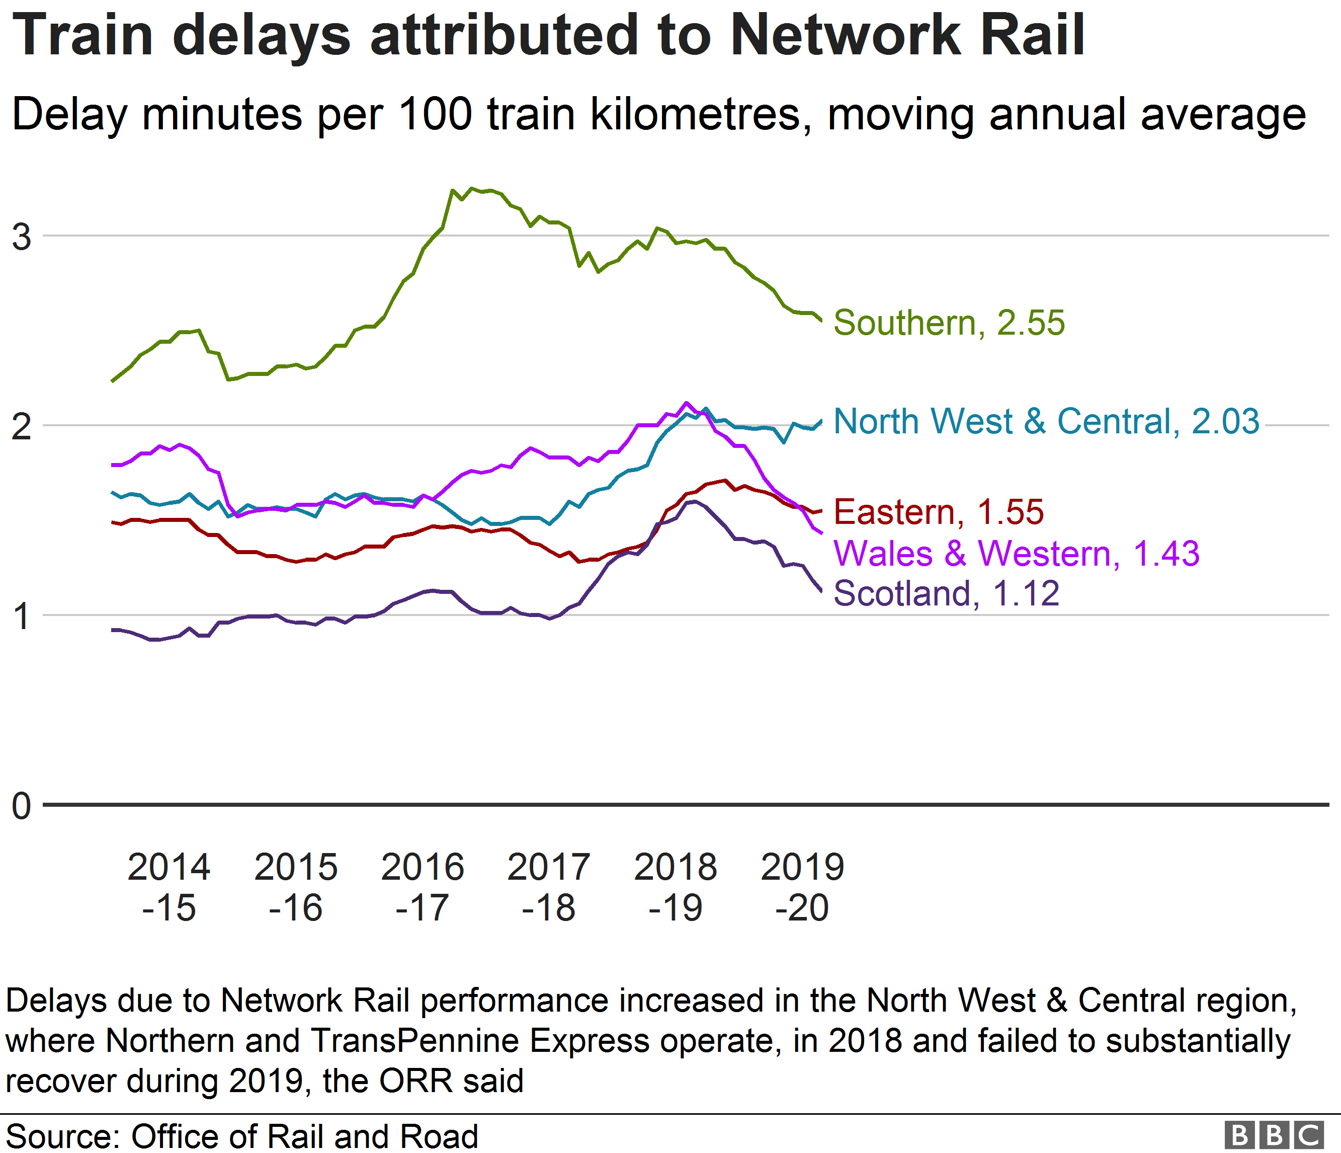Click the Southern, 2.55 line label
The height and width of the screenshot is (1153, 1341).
click(948, 323)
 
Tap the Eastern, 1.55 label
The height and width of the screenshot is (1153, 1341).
click(939, 512)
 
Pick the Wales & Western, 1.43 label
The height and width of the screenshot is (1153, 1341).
click(1016, 554)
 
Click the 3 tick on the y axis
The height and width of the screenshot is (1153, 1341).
click(21, 237)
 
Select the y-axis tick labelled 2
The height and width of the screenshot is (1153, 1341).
click(21, 427)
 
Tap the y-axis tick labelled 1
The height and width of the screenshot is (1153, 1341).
click(21, 617)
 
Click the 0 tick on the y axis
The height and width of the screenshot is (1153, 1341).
click(21, 806)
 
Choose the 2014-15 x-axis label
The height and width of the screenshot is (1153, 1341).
click(169, 887)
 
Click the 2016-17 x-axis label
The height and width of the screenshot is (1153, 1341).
click(423, 887)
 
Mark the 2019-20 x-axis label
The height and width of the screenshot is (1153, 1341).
click(802, 887)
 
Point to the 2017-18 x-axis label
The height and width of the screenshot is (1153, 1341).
click(549, 887)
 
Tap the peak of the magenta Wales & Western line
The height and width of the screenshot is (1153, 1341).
click(687, 403)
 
